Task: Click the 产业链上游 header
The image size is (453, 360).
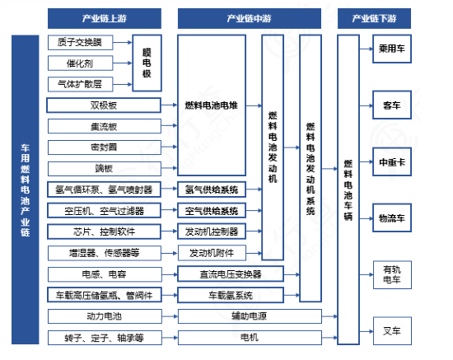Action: click(105, 18)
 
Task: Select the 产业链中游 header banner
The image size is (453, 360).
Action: click(250, 18)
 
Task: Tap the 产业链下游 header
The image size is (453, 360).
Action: click(374, 18)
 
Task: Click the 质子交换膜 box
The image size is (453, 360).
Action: click(80, 43)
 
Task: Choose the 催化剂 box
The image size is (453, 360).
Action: click(80, 63)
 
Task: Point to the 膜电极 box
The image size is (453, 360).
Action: click(147, 63)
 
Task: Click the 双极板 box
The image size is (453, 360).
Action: click(104, 105)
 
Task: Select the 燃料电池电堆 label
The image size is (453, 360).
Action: click(212, 105)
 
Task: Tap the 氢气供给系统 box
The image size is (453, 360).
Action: click(212, 189)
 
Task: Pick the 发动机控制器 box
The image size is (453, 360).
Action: click(212, 231)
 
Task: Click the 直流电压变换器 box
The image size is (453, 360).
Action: click(231, 274)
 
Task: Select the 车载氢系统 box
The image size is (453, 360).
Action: click(231, 295)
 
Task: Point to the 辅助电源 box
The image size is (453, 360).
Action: click(250, 316)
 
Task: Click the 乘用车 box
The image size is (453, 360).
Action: click(392, 49)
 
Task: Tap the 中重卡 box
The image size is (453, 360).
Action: click(392, 161)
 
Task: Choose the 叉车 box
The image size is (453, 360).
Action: click(392, 331)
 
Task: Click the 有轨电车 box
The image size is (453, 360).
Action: click(392, 275)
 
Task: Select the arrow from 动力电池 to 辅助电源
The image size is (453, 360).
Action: click(170, 316)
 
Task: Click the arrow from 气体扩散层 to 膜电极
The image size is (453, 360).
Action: click(123, 84)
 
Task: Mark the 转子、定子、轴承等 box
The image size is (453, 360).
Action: click(105, 338)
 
